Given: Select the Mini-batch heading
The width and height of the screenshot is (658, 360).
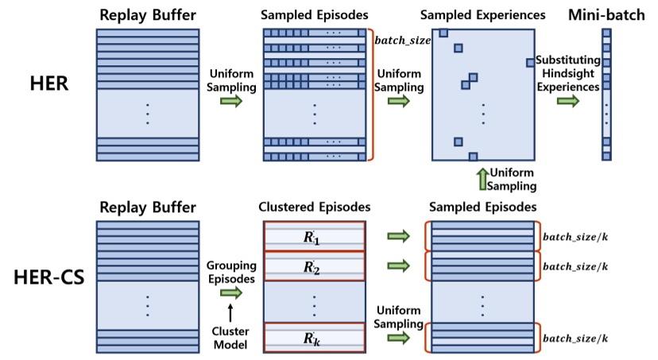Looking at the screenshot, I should (x=607, y=14).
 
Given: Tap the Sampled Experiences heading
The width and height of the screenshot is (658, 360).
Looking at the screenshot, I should (x=483, y=14).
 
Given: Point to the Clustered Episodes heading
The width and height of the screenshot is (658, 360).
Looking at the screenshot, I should (x=313, y=207).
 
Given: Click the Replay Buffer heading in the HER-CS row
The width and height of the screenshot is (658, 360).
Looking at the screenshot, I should (x=147, y=207).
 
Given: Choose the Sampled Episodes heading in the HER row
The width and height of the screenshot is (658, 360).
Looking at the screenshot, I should (x=313, y=14).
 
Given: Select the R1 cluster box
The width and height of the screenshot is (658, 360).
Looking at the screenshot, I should (x=314, y=236).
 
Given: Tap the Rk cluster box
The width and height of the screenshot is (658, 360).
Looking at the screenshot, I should (x=314, y=339).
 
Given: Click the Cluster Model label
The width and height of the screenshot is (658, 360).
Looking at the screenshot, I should (x=230, y=338).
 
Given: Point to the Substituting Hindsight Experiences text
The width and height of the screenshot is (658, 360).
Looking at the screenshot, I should (x=566, y=74).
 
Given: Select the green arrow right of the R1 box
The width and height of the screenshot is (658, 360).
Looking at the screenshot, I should (x=397, y=236).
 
